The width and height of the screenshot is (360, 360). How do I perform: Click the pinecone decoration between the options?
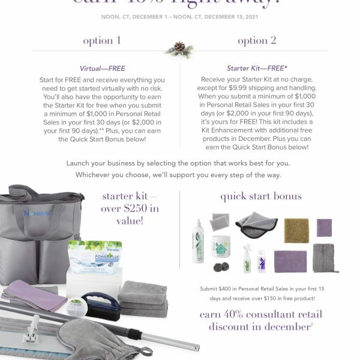179,48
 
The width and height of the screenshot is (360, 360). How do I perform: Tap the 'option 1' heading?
101,41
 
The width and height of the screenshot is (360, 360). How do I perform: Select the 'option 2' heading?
257,41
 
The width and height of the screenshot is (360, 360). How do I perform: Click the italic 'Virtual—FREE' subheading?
101,69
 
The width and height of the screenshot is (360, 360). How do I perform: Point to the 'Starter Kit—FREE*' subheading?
257,69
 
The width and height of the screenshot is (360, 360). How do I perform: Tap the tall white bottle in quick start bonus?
198,241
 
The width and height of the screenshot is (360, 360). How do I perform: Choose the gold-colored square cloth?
296,230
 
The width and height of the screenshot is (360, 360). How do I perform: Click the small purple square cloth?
324,228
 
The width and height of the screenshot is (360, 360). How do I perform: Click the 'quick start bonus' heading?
260,196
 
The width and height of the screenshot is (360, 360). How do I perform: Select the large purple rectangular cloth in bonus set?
290,261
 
